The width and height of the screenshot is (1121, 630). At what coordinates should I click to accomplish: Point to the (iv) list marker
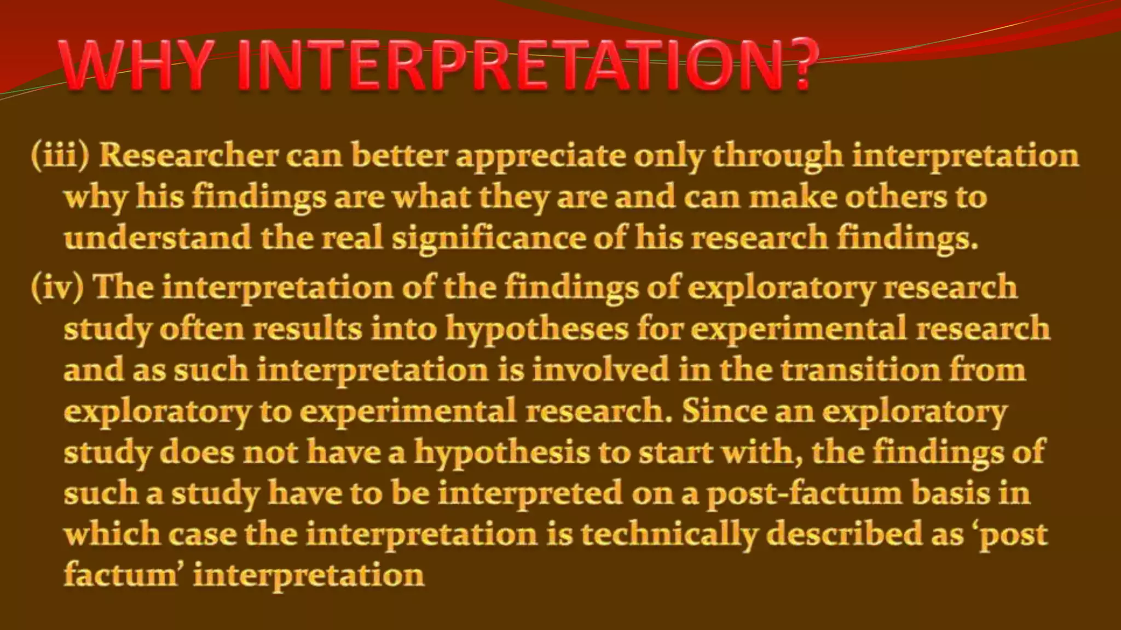57,287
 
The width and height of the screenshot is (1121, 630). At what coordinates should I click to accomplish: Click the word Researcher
188,156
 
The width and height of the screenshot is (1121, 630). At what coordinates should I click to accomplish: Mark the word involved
600,370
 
